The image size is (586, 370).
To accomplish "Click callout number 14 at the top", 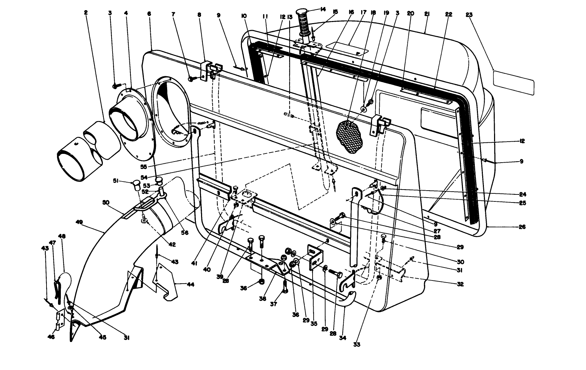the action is [x=323, y=9].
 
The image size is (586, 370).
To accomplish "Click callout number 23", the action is [x=469, y=15].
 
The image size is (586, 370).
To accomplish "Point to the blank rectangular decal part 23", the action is [x=514, y=83].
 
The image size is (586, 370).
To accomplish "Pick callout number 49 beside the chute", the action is [x=79, y=222].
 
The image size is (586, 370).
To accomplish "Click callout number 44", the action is [x=191, y=284].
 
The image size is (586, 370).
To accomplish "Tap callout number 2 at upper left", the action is [x=86, y=12].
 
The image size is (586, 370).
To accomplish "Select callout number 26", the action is [x=522, y=227].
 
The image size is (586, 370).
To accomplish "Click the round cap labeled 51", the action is [x=136, y=186].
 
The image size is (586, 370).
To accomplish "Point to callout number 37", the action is [x=273, y=304].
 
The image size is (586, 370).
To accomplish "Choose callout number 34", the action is [x=343, y=338].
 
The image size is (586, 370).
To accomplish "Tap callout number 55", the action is [x=144, y=167].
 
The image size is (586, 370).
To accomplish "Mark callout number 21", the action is [x=427, y=14].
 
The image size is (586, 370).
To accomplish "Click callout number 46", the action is [x=51, y=337].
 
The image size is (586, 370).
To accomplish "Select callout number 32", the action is [x=460, y=284].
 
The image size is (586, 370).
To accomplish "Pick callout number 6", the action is [x=149, y=14].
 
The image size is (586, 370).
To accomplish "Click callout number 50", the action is [x=106, y=202].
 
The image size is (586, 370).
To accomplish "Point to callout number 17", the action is [x=363, y=12].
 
